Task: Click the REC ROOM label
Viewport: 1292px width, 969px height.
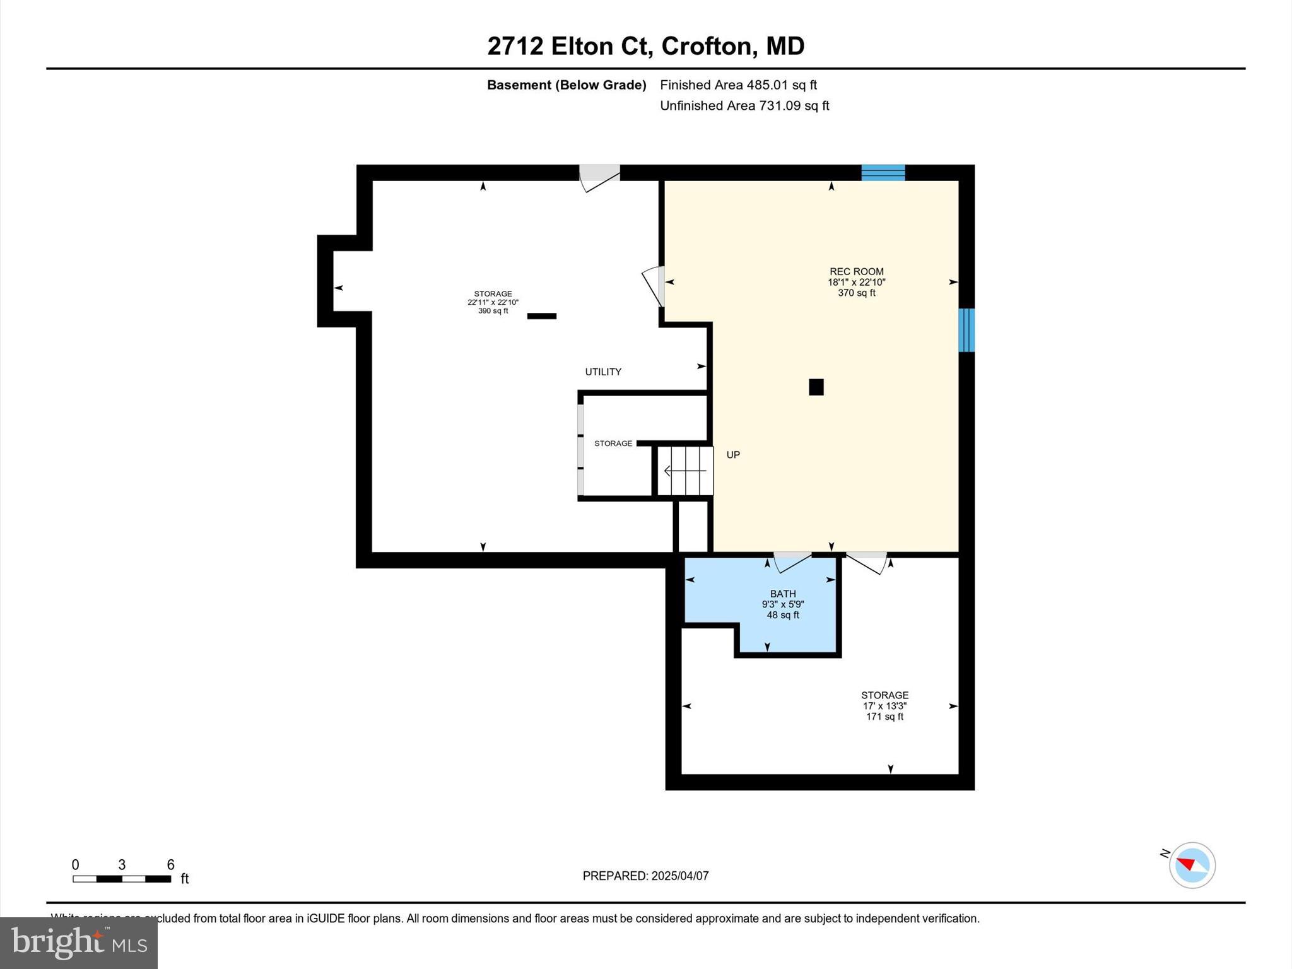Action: tap(856, 272)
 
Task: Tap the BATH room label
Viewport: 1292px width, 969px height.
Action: tap(782, 594)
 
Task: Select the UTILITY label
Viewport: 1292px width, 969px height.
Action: tap(603, 372)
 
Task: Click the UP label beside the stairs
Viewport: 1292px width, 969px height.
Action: tap(732, 455)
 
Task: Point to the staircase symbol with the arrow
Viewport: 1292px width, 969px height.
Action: tap(685, 471)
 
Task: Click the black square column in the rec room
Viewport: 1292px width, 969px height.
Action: tap(816, 387)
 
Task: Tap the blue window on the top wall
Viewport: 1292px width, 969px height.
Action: tap(883, 172)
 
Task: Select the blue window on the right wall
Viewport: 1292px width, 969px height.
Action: tap(966, 330)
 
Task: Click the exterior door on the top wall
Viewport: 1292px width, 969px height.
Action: tap(599, 177)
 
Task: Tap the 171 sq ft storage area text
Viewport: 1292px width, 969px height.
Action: tap(884, 717)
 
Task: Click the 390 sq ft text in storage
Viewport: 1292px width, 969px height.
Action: tap(493, 311)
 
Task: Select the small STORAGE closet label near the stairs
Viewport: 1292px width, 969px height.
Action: tap(613, 443)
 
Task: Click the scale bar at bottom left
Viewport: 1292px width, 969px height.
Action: tap(122, 878)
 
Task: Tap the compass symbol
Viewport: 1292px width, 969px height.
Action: tap(1192, 865)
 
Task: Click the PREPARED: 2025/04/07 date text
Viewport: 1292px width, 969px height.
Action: tap(645, 876)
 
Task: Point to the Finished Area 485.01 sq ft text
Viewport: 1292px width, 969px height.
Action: tap(738, 85)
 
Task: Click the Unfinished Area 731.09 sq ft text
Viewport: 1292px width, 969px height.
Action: tap(744, 106)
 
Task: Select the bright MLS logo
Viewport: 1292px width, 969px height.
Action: tap(79, 943)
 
